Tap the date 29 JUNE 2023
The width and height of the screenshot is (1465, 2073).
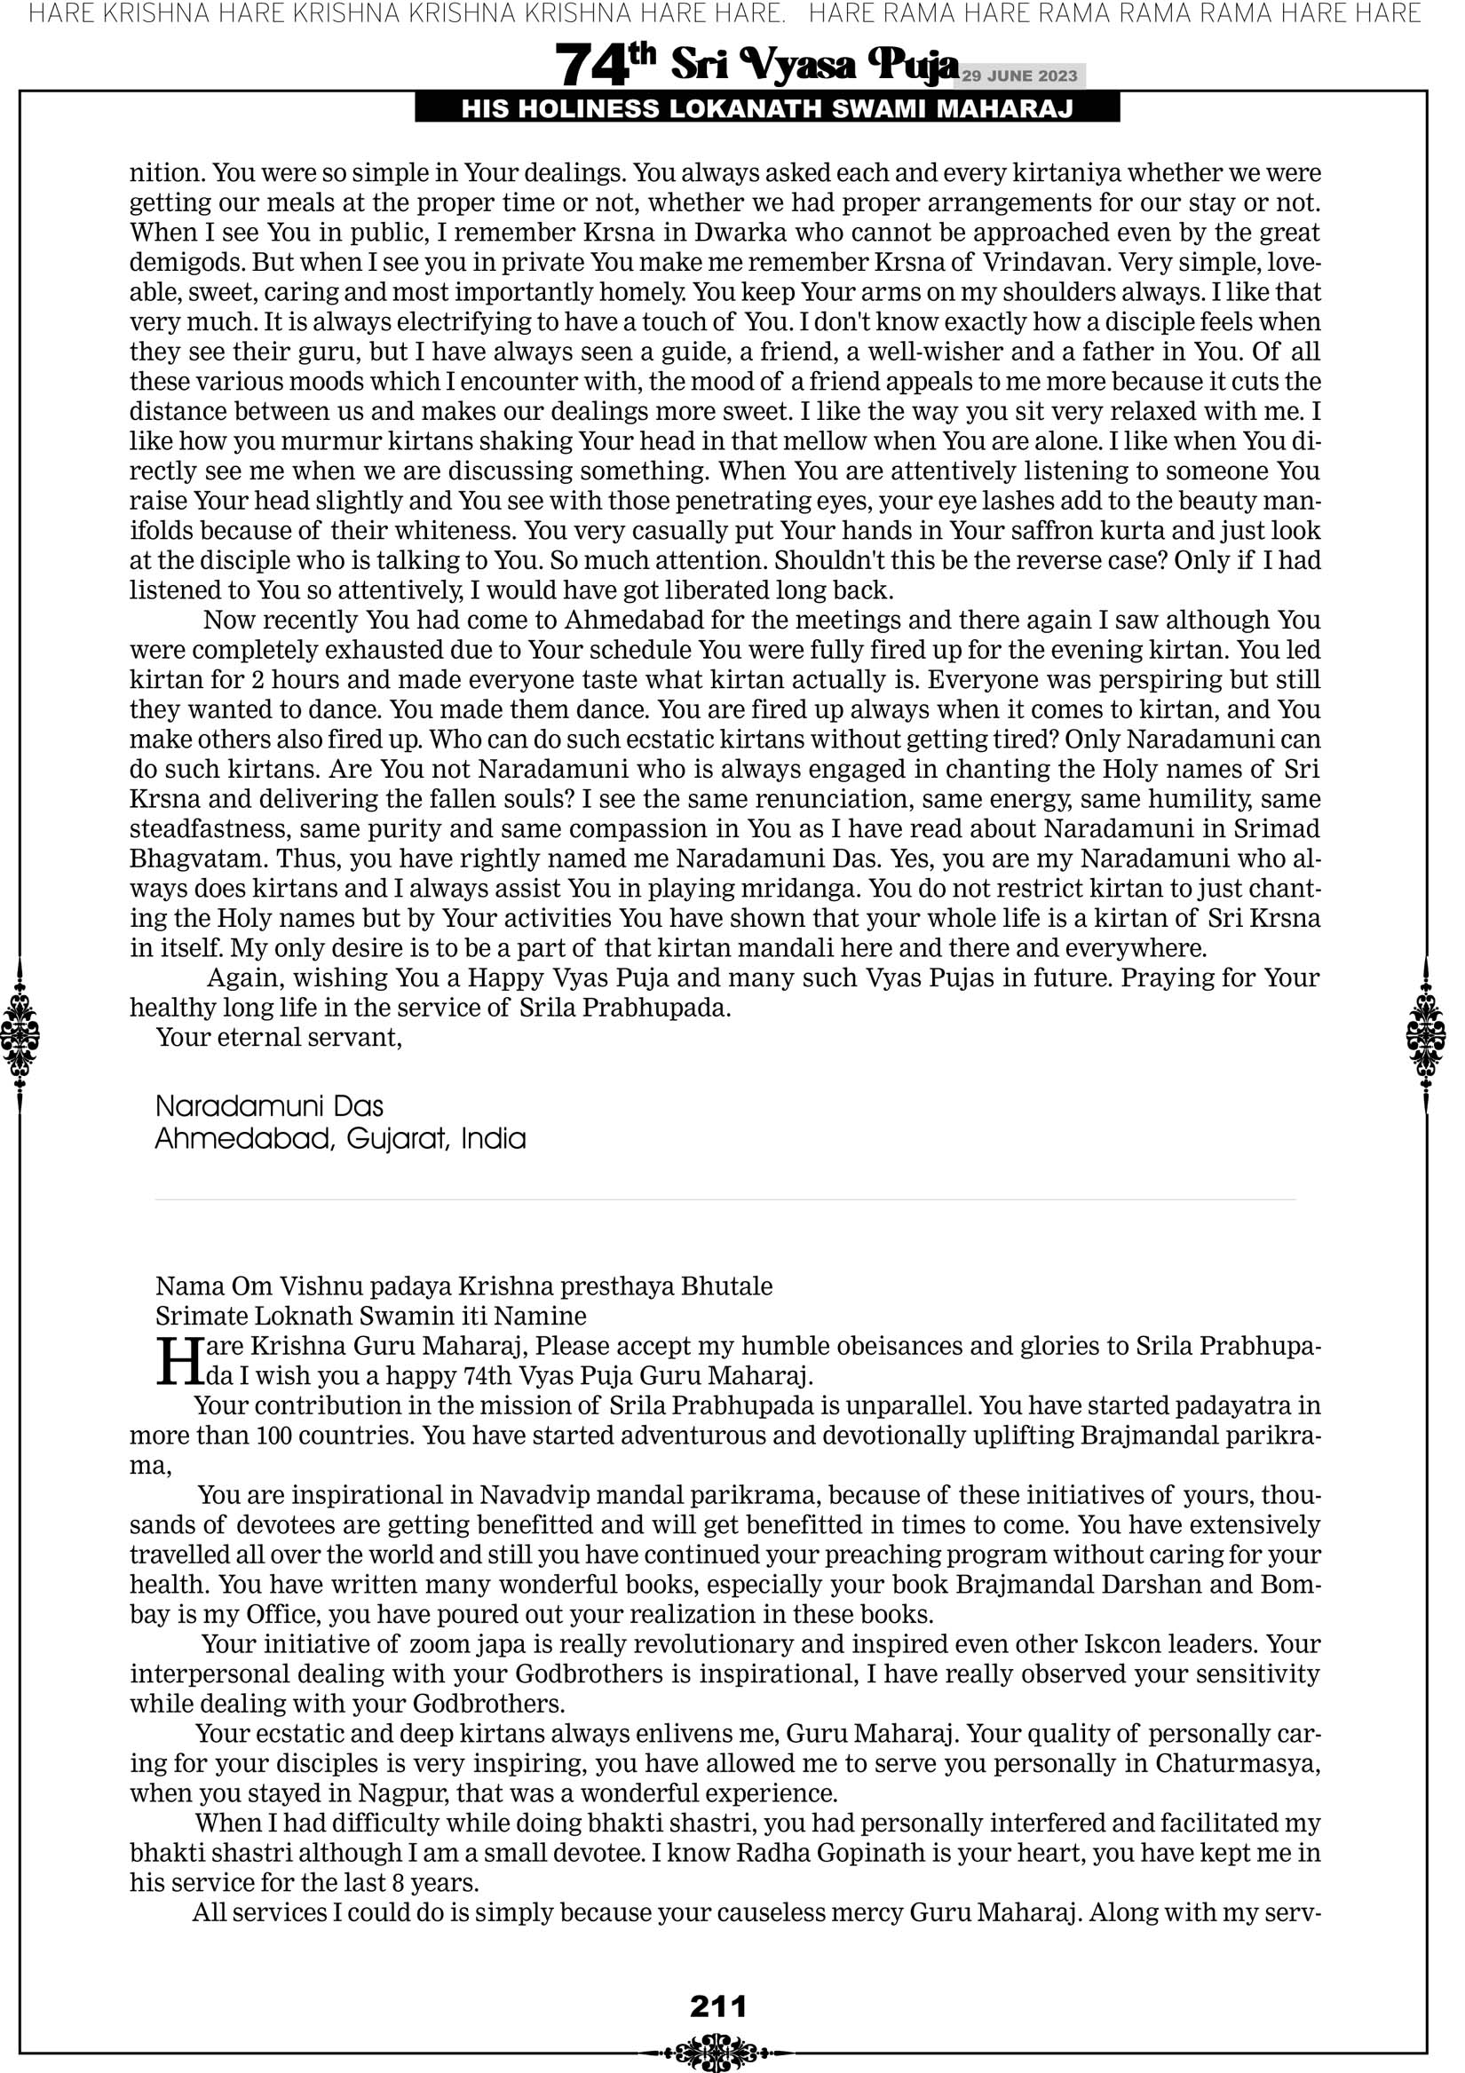pyautogui.click(x=1019, y=75)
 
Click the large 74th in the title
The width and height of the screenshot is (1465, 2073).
pyautogui.click(x=604, y=65)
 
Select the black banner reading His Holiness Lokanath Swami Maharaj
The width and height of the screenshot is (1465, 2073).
pyautogui.click(x=767, y=109)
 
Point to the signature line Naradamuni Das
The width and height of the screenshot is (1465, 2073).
pyautogui.click(x=269, y=1106)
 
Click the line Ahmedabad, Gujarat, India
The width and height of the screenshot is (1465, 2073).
pyautogui.click(x=339, y=1138)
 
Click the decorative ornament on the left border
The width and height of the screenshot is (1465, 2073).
pyautogui.click(x=20, y=1034)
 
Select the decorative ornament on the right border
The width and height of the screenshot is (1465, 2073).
pyautogui.click(x=1426, y=1034)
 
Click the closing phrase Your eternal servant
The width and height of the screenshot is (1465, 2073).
pyautogui.click(x=278, y=1038)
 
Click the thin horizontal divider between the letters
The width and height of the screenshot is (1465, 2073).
pyautogui.click(x=725, y=1200)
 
